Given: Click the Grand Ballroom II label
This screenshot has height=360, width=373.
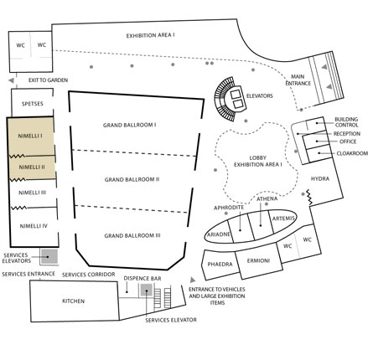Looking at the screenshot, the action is point(132,179).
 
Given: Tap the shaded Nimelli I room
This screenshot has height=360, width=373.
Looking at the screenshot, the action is point(30,136).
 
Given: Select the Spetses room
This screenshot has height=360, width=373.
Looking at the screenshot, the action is point(32,103).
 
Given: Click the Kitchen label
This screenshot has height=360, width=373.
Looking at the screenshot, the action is point(73,301).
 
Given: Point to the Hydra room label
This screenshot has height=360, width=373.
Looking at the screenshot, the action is point(320,178).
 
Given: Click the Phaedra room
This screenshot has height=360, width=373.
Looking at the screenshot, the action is point(220,265).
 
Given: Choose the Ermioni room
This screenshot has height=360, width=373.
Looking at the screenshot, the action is point(258,261).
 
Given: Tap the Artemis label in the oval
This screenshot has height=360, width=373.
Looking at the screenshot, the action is point(283,219).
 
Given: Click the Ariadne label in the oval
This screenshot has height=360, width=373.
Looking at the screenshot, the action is point(219,234).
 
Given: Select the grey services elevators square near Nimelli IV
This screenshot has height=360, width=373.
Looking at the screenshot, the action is point(49,257).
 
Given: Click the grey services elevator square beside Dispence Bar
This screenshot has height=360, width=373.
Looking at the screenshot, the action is point(147,291).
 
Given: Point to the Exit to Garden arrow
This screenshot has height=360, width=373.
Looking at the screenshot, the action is point(11,80).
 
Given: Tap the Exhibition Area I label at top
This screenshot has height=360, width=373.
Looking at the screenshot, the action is point(150,36).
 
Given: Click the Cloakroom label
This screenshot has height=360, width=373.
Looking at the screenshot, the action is point(352,153).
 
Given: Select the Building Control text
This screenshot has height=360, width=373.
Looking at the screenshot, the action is point(346,122).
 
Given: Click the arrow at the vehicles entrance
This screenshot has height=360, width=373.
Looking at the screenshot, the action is point(193,280).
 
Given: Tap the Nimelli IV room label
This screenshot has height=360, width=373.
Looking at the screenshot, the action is point(34,226).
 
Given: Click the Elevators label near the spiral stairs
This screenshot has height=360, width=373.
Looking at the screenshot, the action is point(260,96).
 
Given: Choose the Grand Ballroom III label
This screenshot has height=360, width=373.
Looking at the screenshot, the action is point(132,236).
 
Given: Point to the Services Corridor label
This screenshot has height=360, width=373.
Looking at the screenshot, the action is point(89,275).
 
